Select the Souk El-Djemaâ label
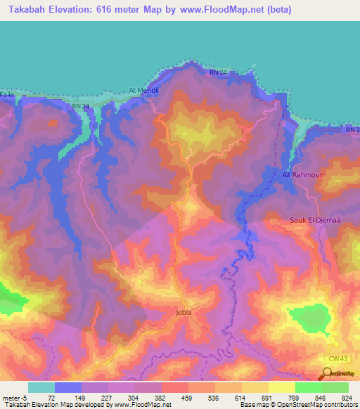314,220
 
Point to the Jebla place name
184,313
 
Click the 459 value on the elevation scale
186,397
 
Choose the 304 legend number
133,397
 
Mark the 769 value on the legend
293,397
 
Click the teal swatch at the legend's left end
41,387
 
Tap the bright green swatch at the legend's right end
335,387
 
